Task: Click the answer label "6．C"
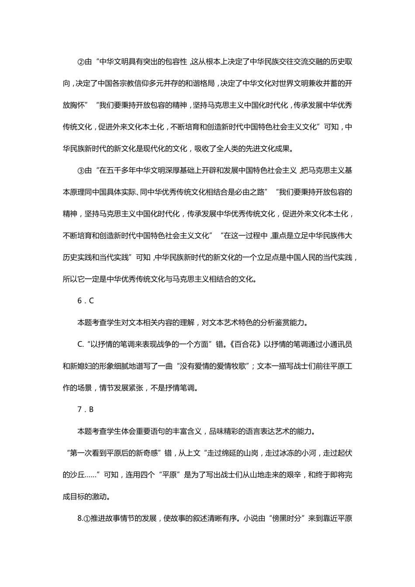(86, 301)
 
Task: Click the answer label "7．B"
(86, 410)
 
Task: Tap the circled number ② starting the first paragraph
(80, 62)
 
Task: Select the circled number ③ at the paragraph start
(80, 170)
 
